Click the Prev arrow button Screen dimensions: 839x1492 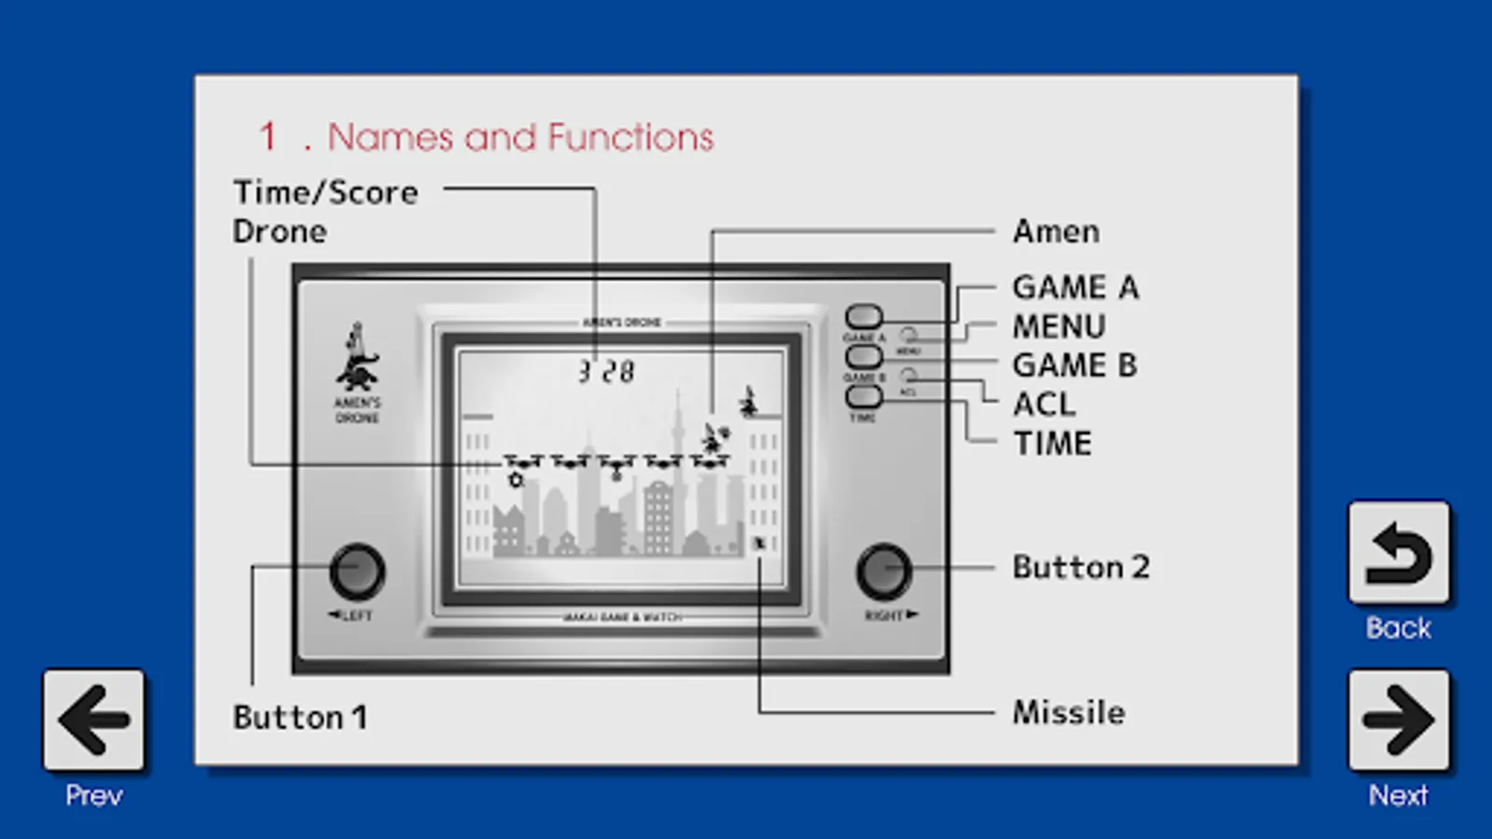[93, 720]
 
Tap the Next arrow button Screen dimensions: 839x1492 [1398, 720]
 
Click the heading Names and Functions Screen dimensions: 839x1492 [519, 137]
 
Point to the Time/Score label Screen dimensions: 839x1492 [325, 192]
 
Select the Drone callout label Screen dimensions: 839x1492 [280, 231]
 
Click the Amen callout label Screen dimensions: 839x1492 [1056, 231]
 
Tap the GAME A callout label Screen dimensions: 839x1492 [1075, 287]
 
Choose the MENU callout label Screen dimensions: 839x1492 [1058, 326]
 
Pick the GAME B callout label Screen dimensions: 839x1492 [1074, 364]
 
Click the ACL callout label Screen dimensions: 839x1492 [1043, 405]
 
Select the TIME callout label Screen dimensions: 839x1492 [1052, 443]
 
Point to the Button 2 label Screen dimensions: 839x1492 [1081, 567]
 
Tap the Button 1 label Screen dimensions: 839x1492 [299, 717]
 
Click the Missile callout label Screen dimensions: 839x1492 [1069, 712]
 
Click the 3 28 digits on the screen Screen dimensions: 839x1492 [606, 372]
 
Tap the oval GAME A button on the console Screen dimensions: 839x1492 [863, 317]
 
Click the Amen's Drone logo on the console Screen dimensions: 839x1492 [357, 371]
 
